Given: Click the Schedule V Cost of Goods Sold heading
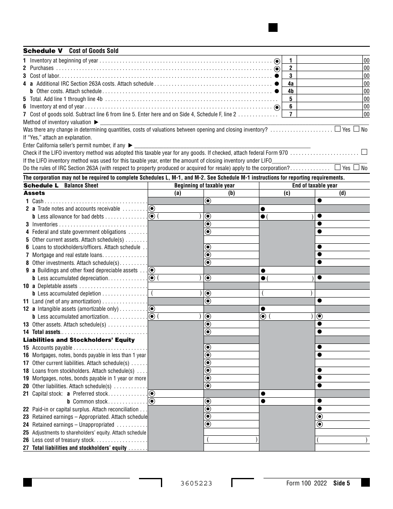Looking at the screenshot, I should (x=71, y=51).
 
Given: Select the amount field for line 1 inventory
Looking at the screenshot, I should (x=330, y=60).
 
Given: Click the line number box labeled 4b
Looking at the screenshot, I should (x=290, y=91).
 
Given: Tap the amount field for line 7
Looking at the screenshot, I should (x=330, y=114).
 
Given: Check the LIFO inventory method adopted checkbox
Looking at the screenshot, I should (x=364, y=152).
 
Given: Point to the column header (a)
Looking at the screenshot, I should (x=177, y=193).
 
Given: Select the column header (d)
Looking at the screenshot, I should (x=342, y=193).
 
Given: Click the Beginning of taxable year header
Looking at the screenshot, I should (x=204, y=185).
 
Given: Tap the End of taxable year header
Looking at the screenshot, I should (x=314, y=185).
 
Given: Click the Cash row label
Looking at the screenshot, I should (x=38, y=201).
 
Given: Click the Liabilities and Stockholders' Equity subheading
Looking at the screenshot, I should (x=79, y=340).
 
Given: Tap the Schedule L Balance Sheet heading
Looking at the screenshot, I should (x=61, y=185).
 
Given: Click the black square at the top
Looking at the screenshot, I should (x=273, y=27).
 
